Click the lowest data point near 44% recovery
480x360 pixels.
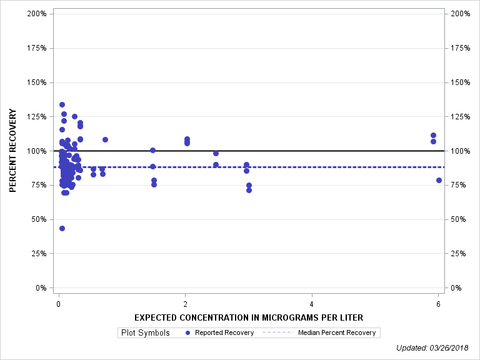(62, 228)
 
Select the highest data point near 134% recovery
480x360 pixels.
(62, 104)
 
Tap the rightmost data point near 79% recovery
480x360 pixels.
(439, 180)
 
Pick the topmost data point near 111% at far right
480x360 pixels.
(433, 135)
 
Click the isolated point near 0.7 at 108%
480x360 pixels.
(105, 139)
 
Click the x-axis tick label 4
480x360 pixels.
(312, 304)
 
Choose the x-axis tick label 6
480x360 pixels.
(438, 304)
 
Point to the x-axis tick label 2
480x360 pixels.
(185, 304)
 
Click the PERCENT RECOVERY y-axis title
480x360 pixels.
(13, 151)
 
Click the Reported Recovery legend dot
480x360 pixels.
(188, 332)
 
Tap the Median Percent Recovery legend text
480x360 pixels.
(337, 332)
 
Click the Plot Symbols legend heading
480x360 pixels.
(145, 332)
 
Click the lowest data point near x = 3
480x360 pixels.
(249, 190)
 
